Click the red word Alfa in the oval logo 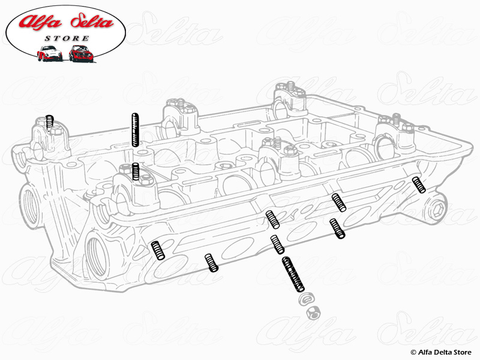tap(38, 22)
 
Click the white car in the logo tap(49, 53)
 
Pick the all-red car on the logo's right tap(80, 53)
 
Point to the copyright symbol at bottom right tap(413, 352)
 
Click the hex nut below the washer tap(313, 311)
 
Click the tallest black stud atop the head tap(135, 129)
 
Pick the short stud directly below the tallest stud tap(136, 172)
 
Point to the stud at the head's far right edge tap(419, 185)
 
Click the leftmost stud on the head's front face tap(158, 249)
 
